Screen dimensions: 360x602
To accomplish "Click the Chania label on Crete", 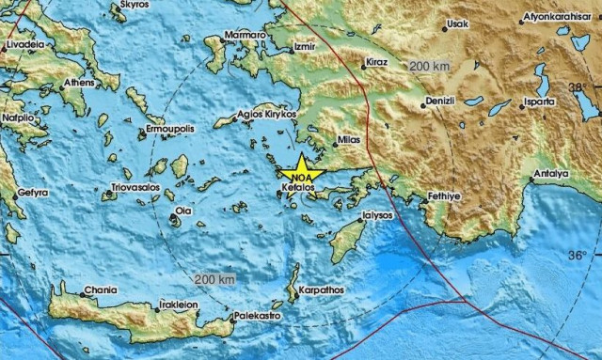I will coord(101,290).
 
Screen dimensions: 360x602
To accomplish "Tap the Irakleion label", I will coord(179,305).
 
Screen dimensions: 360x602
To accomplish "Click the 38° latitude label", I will coord(579,86).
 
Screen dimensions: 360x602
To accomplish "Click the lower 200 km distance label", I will coord(212,279).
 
